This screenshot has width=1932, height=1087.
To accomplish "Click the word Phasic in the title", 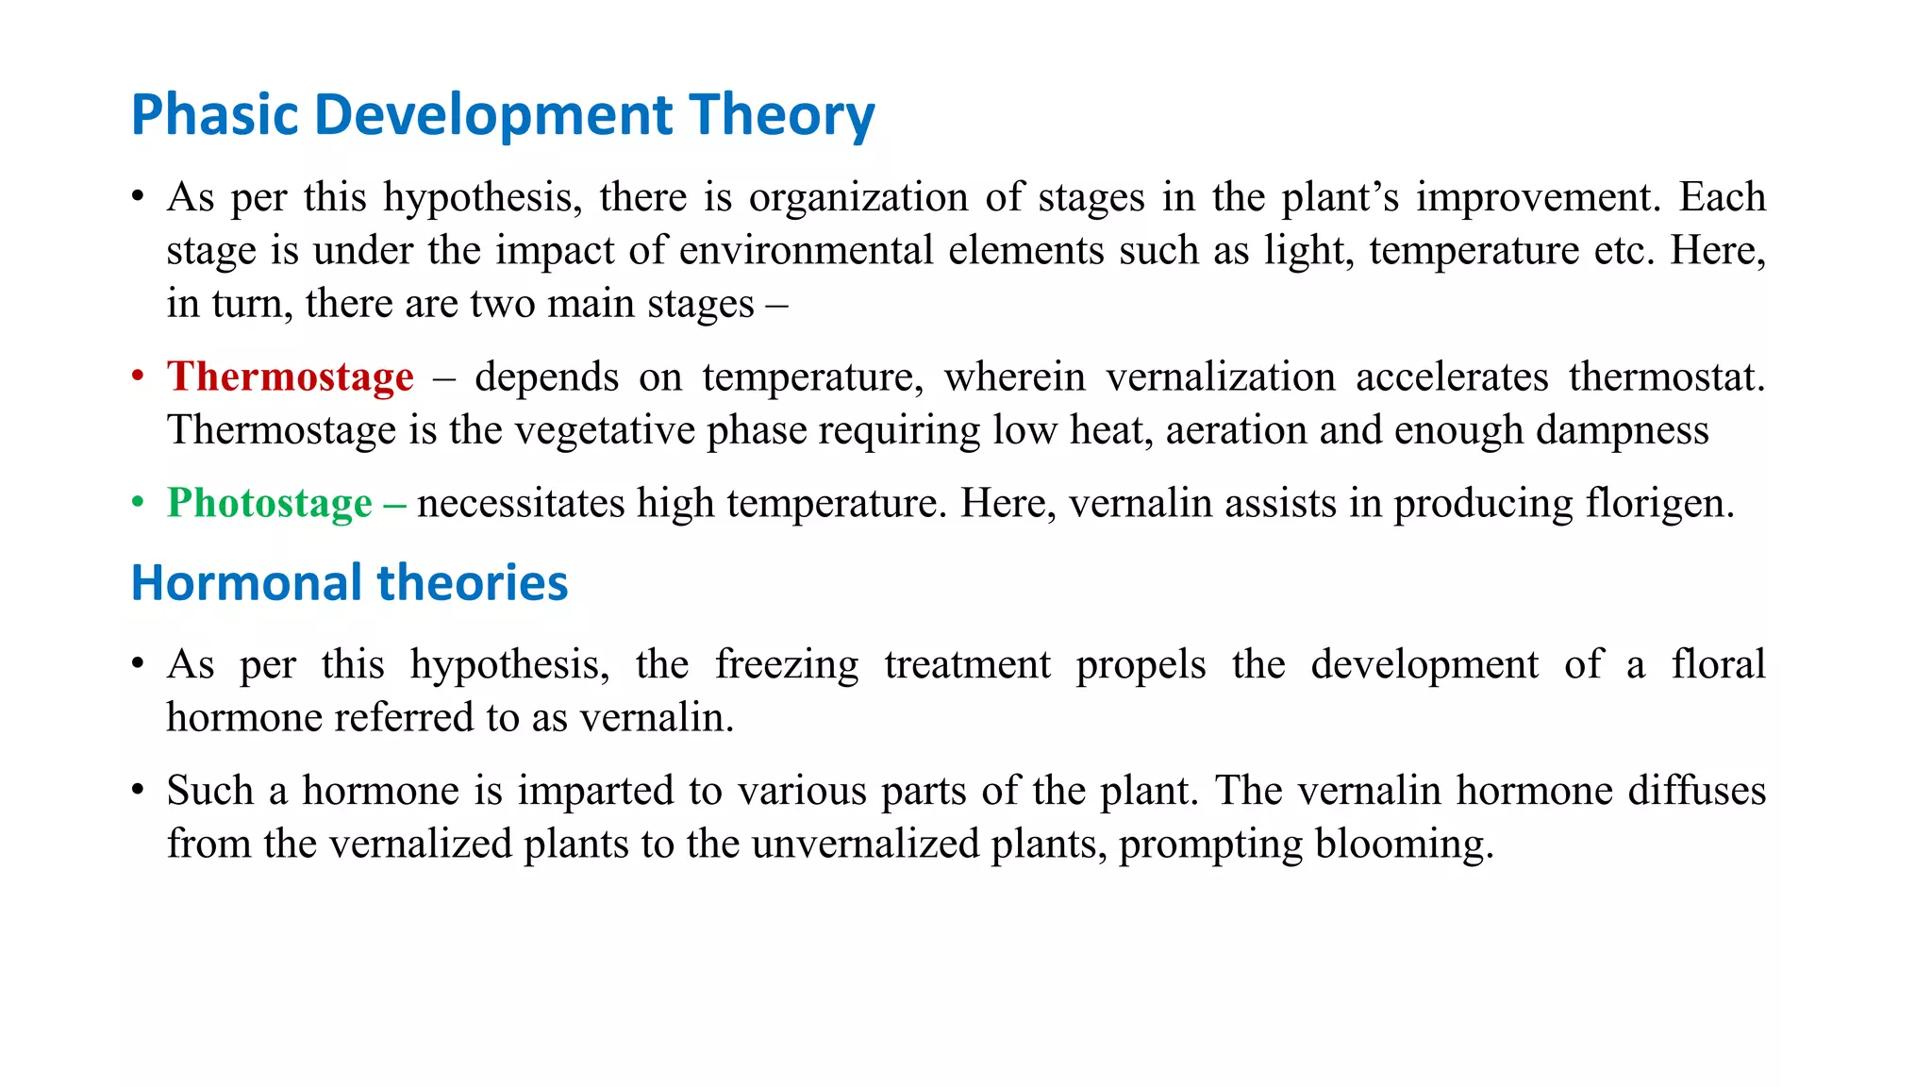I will click(214, 115).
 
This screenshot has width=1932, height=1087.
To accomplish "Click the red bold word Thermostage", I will click(291, 376).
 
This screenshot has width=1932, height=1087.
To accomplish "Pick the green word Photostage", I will click(270, 503).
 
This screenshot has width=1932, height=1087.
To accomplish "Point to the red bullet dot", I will click(139, 376).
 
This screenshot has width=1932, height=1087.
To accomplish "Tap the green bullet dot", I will click(139, 503).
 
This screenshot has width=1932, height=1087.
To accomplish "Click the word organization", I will click(858, 197).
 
